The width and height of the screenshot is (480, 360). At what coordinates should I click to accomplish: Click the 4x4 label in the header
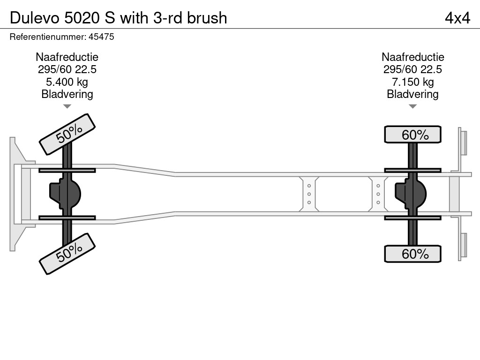pos(457,18)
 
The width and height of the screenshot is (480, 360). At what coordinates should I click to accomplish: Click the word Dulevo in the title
pos(33,18)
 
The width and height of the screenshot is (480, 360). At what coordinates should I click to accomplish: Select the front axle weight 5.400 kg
pos(67,82)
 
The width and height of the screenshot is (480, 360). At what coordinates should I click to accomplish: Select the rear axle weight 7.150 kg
pos(412,82)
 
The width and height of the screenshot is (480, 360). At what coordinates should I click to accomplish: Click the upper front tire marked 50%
pos(67,134)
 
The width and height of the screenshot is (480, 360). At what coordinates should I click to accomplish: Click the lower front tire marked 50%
pos(67,253)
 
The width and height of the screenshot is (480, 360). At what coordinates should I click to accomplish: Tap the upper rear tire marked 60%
pos(412,135)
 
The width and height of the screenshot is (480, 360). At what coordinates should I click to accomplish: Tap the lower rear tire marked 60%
pos(412,254)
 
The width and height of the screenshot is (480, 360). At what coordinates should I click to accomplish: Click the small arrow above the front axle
pos(67,106)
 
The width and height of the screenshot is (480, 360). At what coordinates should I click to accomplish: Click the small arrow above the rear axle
pos(412,106)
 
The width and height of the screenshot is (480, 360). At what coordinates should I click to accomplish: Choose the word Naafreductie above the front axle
pos(67,57)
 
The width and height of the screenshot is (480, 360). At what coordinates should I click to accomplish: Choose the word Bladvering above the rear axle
pos(412,94)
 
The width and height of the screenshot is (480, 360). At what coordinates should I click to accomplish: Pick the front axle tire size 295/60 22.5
pos(67,69)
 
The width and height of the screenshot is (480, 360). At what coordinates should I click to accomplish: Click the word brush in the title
pos(207,18)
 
